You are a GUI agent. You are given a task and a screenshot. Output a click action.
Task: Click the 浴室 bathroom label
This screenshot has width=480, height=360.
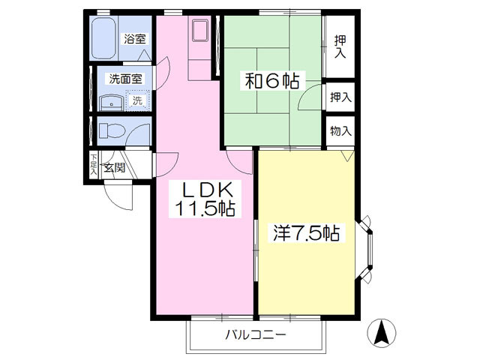[136, 38]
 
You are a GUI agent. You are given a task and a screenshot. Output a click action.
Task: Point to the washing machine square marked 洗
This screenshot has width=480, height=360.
[136, 100]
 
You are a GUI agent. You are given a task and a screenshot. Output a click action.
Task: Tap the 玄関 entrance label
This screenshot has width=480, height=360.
[115, 166]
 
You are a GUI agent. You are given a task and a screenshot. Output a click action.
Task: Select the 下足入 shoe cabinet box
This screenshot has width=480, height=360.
[93, 165]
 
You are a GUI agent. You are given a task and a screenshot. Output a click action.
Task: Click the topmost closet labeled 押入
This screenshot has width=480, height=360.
[340, 46]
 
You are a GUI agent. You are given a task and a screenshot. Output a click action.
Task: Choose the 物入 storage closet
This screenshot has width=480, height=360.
[340, 131]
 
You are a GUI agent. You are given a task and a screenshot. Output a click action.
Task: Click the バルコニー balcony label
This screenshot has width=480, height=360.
[256, 334]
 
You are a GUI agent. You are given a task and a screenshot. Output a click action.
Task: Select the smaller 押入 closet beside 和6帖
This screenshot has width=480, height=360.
[340, 96]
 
